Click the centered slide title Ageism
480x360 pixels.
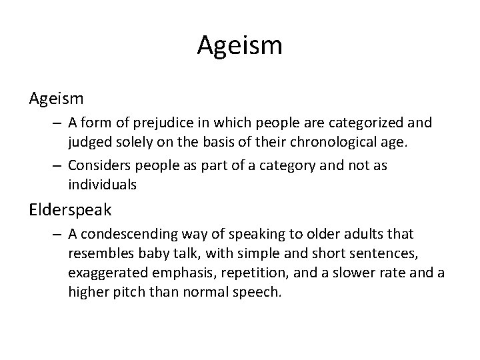[240, 46]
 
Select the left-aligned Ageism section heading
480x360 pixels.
[56, 99]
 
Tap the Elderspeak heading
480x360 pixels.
[71, 209]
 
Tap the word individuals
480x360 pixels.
[101, 183]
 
